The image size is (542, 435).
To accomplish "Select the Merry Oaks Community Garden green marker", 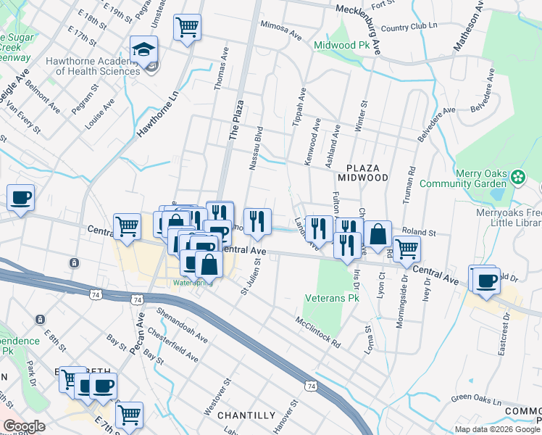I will (518, 177).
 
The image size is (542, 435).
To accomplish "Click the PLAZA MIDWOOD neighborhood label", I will (362, 173).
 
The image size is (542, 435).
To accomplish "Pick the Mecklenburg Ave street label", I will (369, 11).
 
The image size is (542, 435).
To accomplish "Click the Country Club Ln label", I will (409, 28).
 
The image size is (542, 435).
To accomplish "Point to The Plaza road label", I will (234, 123).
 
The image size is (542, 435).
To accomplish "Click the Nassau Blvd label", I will (255, 149).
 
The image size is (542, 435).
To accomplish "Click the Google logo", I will (25, 426).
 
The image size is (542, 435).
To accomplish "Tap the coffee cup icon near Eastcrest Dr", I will (485, 279).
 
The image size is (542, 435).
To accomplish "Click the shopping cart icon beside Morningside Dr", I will (407, 249).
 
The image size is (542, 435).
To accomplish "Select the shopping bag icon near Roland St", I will (378, 234).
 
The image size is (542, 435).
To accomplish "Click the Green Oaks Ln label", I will (476, 399).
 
